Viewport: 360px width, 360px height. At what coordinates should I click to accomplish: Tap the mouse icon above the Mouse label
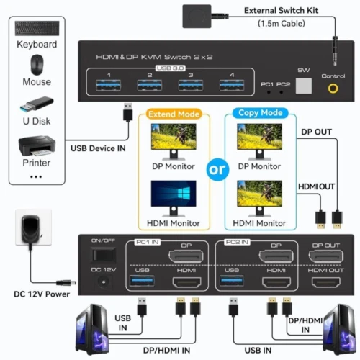(36, 65)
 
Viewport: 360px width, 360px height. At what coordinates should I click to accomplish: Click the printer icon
(36, 145)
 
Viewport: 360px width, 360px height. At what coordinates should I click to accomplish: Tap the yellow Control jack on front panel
(333, 89)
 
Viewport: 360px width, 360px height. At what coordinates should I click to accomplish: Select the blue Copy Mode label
(260, 114)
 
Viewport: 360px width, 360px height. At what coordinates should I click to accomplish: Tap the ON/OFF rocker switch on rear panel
(100, 255)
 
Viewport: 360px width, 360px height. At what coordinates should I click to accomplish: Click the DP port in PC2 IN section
(275, 258)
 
